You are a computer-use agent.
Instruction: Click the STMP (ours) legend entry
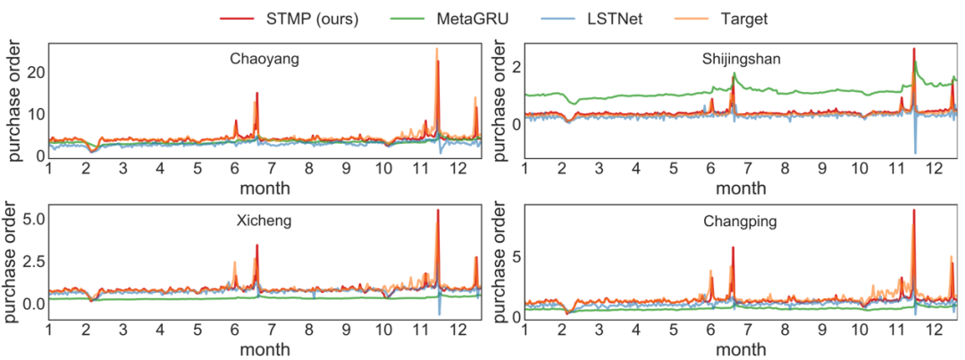click(x=294, y=17)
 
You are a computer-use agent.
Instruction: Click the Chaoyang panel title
click(x=264, y=60)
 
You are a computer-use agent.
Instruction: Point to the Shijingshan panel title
click(x=740, y=60)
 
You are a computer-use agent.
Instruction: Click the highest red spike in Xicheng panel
click(x=438, y=211)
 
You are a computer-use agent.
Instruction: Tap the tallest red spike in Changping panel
click(x=913, y=211)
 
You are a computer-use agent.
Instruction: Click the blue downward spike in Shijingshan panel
click(x=915, y=153)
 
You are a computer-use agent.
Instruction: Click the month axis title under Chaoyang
click(x=264, y=189)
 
